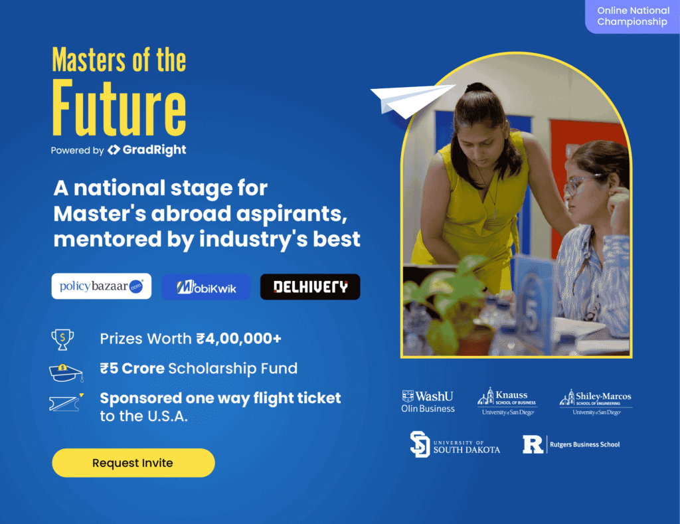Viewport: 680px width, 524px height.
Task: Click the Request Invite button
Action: [x=133, y=463]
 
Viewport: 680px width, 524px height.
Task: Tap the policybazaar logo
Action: [x=102, y=286]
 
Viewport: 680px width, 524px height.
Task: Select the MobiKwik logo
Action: [x=206, y=287]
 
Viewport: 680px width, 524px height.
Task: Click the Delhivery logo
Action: [x=310, y=287]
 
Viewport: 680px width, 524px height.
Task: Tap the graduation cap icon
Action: [x=66, y=373]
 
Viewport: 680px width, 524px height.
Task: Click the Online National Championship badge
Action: [x=633, y=17]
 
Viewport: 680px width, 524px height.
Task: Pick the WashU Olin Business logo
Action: [x=428, y=401]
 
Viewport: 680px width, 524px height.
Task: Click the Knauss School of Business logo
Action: [x=507, y=401]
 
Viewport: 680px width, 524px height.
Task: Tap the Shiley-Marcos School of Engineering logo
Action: [x=596, y=402]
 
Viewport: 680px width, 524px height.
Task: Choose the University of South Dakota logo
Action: [x=455, y=444]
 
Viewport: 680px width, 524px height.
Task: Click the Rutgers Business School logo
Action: [x=571, y=444]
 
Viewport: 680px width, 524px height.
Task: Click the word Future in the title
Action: [x=120, y=108]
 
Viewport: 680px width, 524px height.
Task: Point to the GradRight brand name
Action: [x=154, y=149]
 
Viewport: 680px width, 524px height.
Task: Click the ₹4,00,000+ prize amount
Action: [x=239, y=338]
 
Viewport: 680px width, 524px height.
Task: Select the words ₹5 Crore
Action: [x=132, y=369]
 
